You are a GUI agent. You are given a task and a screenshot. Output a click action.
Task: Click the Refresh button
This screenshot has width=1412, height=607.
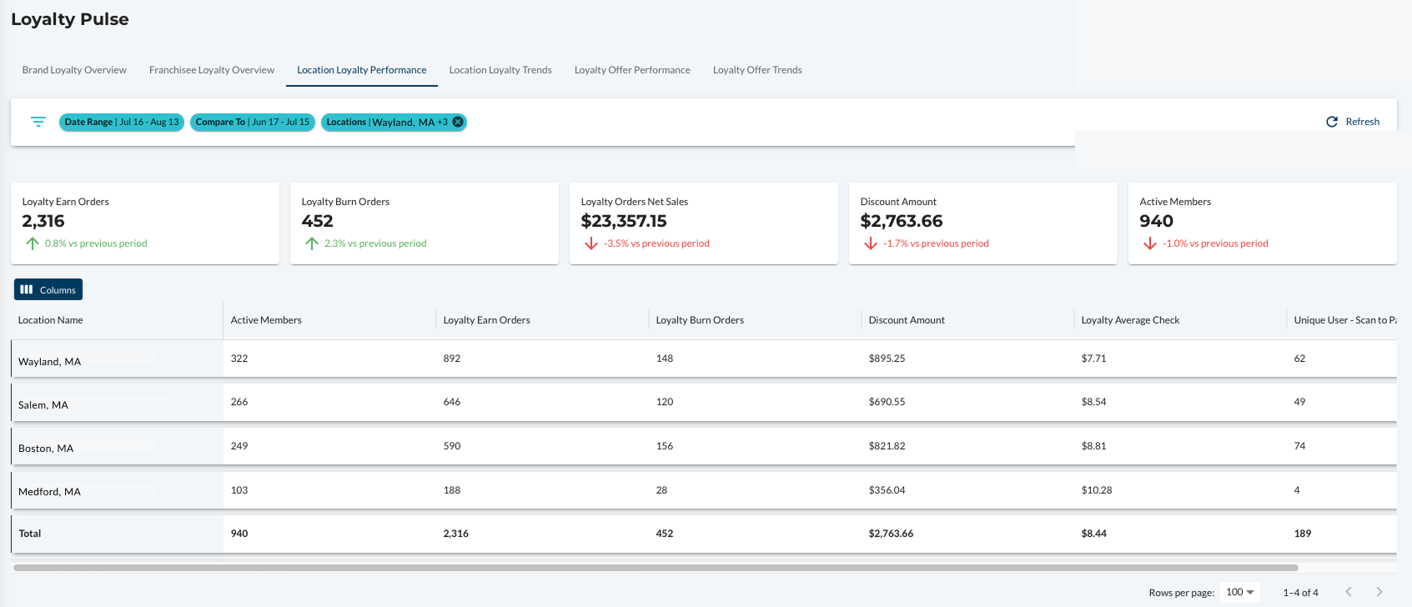click(1353, 122)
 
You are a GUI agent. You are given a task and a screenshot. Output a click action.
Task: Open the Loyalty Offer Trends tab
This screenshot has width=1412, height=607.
click(757, 70)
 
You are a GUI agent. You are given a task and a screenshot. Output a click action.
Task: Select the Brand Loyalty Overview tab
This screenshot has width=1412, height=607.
click(74, 70)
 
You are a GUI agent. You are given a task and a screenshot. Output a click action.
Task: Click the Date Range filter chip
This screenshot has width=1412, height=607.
click(122, 122)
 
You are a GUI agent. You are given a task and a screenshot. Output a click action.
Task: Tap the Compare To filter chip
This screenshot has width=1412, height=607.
click(252, 122)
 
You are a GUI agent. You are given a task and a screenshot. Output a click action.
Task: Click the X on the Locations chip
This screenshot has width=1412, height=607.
click(458, 122)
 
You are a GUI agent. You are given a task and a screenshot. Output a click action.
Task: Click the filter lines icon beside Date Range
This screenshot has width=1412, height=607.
click(38, 122)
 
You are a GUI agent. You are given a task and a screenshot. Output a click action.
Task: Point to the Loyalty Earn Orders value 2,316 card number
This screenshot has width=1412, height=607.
click(43, 221)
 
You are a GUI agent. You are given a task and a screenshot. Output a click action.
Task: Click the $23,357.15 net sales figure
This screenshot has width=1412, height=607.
click(623, 221)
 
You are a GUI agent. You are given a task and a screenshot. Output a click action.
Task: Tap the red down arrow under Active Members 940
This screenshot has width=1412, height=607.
click(1150, 243)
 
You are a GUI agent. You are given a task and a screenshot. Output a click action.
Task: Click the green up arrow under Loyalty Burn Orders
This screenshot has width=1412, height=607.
click(311, 243)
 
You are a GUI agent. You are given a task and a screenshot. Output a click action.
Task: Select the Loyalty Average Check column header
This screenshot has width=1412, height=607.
click(1130, 320)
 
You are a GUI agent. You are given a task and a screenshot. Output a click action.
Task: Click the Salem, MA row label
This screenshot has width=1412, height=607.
click(43, 404)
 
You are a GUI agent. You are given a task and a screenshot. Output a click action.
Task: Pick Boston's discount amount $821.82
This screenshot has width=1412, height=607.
click(887, 445)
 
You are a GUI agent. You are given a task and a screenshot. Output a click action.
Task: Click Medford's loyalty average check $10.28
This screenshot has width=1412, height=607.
click(1097, 489)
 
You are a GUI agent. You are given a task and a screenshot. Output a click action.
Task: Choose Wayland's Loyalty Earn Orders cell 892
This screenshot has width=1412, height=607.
click(452, 358)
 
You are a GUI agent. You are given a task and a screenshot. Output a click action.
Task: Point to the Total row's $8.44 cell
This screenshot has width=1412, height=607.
click(1093, 534)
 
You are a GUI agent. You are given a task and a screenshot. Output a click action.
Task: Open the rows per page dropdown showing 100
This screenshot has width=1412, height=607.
click(1239, 592)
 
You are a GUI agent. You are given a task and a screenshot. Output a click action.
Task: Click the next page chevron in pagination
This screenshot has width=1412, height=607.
click(1379, 592)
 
